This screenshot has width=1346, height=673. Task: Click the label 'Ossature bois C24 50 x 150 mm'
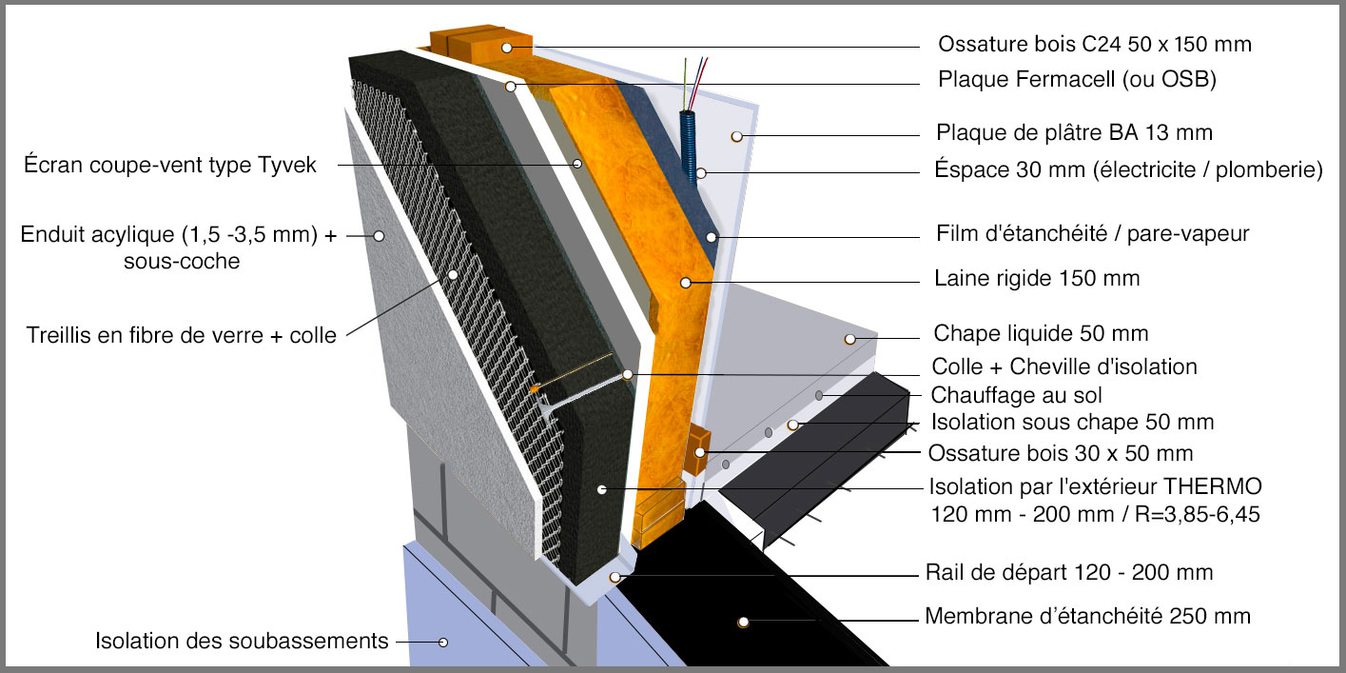click(1094, 45)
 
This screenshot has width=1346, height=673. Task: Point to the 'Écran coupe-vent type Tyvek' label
click(170, 165)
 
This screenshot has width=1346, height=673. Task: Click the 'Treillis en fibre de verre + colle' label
click(182, 334)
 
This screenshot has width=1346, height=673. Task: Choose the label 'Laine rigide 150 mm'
click(1037, 279)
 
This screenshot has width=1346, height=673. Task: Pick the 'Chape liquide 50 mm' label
click(1041, 333)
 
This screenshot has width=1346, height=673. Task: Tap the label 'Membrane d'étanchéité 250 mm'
click(1087, 616)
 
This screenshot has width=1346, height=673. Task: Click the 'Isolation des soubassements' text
click(242, 641)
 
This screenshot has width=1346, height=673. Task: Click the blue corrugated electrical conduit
click(688, 143)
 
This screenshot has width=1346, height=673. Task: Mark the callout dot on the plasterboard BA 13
click(736, 137)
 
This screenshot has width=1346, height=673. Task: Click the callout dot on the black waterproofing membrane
click(742, 623)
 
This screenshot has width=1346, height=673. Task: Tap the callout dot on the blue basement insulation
click(442, 642)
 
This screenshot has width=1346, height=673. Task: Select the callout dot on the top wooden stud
click(508, 47)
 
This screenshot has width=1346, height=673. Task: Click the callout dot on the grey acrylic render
click(379, 235)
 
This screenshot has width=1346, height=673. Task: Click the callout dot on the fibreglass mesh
click(453, 274)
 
